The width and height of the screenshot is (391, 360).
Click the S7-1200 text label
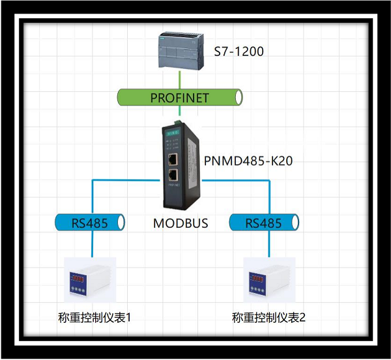pos(239,51)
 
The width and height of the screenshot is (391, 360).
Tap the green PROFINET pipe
pos(180,98)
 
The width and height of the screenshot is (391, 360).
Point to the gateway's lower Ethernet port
pos(173,174)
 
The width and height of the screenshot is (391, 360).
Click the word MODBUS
pos(181,223)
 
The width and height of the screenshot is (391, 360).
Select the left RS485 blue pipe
pos(91,223)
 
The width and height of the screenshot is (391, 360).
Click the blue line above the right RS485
pos(268,195)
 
